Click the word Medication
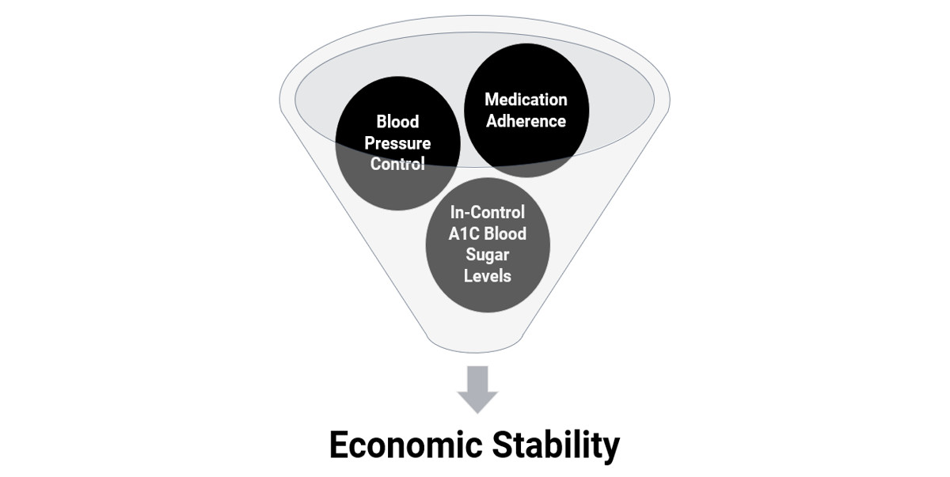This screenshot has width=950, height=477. (x=526, y=100)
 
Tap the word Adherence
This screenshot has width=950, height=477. (x=526, y=121)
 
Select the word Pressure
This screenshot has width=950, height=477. (x=397, y=143)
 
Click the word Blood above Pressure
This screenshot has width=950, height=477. (x=397, y=122)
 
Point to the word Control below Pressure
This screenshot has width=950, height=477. (x=397, y=164)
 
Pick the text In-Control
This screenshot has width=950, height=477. (x=488, y=212)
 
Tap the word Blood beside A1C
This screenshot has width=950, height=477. (x=506, y=233)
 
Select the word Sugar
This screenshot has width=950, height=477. (x=488, y=255)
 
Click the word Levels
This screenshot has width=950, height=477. (x=488, y=276)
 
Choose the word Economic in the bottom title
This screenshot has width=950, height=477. (x=406, y=445)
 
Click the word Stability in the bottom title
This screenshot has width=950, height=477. (x=556, y=445)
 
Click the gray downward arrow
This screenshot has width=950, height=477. (x=477, y=390)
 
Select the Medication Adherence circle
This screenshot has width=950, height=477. (x=526, y=110)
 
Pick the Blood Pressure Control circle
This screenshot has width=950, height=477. (x=397, y=143)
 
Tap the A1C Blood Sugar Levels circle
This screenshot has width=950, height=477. (x=488, y=245)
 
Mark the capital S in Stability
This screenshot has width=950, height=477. (x=502, y=445)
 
